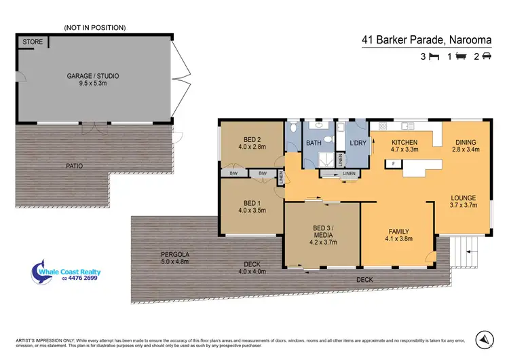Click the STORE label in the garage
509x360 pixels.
[x=33, y=42]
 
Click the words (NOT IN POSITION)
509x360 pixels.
[x=94, y=27]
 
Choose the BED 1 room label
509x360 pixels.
[x=251, y=203]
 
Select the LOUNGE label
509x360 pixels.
[x=464, y=198]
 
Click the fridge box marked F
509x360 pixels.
[x=393, y=164]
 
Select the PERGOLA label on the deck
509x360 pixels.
[x=166, y=253]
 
